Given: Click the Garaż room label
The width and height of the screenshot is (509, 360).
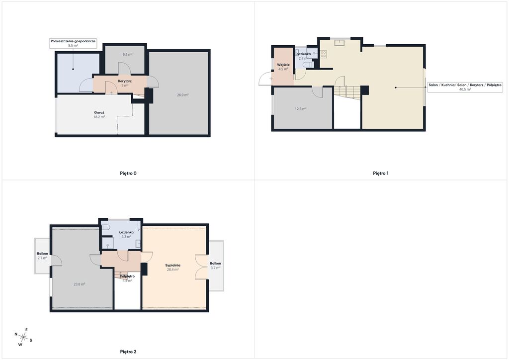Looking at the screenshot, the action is [x=99, y=113].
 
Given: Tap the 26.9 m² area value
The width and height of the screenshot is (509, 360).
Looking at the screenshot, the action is [x=183, y=95].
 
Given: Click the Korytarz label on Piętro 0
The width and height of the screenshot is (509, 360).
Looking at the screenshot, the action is [x=125, y=81].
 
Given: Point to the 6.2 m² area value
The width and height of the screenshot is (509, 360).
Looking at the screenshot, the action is [x=127, y=55].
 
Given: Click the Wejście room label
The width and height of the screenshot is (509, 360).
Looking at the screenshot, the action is [x=283, y=65].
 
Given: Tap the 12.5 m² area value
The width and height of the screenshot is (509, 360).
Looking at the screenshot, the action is [x=301, y=109].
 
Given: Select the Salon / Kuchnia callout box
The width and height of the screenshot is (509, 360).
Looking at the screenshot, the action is [x=465, y=87].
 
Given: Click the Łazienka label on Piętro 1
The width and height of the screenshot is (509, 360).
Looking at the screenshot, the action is [x=303, y=54].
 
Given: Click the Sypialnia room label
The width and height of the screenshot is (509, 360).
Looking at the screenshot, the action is [x=172, y=265].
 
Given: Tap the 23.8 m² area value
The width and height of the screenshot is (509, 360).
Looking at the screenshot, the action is [x=79, y=284].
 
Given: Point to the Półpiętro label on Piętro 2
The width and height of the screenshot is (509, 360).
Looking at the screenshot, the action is [x=127, y=276].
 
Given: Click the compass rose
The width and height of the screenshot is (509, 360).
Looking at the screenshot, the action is [x=23, y=337].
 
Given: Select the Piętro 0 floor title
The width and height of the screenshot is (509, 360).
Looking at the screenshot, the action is [x=128, y=174].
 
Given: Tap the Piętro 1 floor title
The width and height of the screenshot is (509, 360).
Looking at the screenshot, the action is [x=381, y=174].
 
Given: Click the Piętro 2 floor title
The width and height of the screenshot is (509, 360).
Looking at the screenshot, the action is [x=128, y=352].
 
